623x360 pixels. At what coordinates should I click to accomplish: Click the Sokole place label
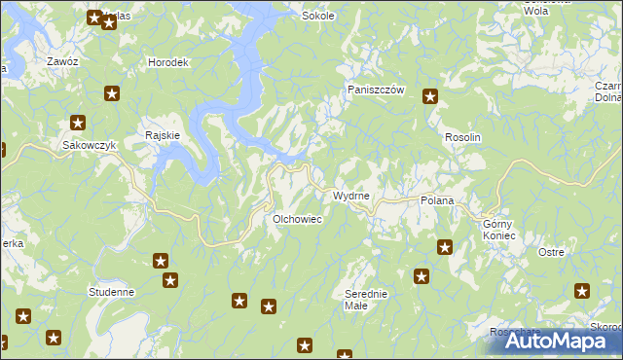(x=318, y=16)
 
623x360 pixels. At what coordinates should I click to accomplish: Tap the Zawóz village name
(x=62, y=61)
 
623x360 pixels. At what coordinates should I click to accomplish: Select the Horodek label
(x=167, y=62)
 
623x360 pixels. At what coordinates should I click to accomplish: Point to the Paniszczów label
(x=376, y=90)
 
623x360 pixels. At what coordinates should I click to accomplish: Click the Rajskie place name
(x=162, y=135)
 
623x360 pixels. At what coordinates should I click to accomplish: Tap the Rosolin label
(x=462, y=138)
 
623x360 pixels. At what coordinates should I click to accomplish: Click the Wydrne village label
(x=350, y=196)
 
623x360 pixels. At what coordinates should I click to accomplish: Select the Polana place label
(x=437, y=199)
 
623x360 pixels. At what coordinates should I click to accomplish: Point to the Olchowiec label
(x=297, y=219)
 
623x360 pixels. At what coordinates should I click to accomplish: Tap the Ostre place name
(x=551, y=252)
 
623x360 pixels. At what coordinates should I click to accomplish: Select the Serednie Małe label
(x=367, y=299)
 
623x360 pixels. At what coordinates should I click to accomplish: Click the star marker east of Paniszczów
(x=429, y=95)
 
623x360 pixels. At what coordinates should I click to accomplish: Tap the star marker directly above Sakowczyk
(x=78, y=124)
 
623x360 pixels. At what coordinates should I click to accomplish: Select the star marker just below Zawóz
(x=112, y=93)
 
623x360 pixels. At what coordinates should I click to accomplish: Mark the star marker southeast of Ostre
(x=582, y=290)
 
